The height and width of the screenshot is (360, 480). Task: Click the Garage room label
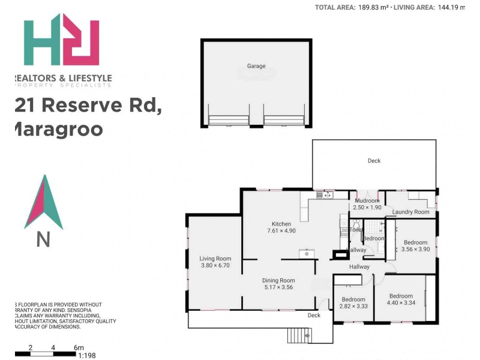point(256,66)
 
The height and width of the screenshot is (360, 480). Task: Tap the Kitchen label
point(281,224)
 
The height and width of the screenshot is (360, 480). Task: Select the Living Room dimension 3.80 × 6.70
point(215,265)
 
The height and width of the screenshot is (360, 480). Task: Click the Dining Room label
point(278,280)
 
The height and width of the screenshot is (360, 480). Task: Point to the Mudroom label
point(367,200)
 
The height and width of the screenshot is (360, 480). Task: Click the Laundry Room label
point(411,212)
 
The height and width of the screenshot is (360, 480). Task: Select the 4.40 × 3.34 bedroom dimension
point(401,303)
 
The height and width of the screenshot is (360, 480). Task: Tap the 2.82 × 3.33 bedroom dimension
point(353,306)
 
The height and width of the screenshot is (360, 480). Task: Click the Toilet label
point(356,229)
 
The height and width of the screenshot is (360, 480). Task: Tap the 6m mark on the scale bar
point(78,347)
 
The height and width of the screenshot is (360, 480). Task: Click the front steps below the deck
point(298,337)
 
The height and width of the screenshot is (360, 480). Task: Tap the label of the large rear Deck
point(374,160)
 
